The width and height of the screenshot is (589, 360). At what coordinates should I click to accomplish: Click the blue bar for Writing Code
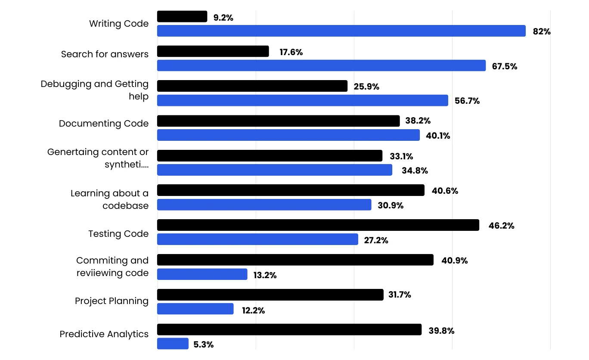[x=341, y=31]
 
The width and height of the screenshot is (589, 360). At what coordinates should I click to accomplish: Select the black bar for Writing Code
[x=182, y=16]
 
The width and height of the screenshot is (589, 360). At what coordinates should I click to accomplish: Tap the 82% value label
[x=542, y=31]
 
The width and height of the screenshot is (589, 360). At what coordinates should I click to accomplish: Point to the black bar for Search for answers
[x=213, y=51]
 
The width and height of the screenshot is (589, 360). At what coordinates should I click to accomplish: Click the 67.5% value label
[x=505, y=66]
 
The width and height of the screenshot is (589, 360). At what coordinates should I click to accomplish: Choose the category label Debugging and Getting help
[x=95, y=90]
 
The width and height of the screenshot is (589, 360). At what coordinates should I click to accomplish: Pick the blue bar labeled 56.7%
[x=303, y=100]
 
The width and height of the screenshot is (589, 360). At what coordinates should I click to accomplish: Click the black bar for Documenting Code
[x=279, y=121]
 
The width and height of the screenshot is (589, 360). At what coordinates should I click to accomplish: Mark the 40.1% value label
[x=438, y=136]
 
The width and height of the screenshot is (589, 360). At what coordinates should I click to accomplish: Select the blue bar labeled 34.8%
[x=275, y=170]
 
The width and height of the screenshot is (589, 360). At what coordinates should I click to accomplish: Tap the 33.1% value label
[x=402, y=156]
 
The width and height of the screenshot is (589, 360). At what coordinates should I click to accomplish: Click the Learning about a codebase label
[x=110, y=199]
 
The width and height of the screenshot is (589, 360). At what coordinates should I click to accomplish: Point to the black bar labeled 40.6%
[x=291, y=190]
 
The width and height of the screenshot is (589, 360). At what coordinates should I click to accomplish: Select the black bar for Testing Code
[x=318, y=225]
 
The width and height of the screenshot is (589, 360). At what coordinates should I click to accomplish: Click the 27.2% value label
[x=376, y=240]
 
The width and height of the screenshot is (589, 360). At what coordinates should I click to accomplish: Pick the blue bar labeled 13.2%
[x=202, y=274]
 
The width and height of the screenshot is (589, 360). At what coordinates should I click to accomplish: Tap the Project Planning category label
[x=112, y=301]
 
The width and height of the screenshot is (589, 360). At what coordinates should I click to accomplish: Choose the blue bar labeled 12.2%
[x=195, y=309]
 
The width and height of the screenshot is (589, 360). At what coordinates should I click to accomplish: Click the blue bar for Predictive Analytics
[x=173, y=344]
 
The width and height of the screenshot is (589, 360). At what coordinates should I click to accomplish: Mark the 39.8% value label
[x=441, y=331]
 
